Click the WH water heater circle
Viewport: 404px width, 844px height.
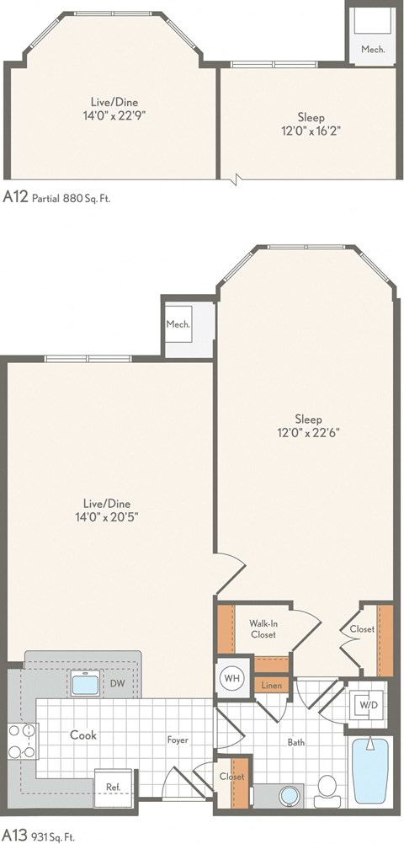231,676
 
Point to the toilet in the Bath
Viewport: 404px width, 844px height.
327,788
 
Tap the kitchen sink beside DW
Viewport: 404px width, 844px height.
86,684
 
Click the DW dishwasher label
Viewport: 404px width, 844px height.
118,684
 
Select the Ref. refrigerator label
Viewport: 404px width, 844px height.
112,788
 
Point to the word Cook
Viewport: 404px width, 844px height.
82,734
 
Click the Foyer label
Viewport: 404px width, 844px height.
178,740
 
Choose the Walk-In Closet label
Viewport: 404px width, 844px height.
263,629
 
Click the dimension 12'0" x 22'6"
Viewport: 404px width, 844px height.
306,432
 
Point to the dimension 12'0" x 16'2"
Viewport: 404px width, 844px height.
311,131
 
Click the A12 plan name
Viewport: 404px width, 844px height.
15,197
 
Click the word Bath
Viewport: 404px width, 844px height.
295,742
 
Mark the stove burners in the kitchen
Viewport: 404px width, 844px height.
19,742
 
